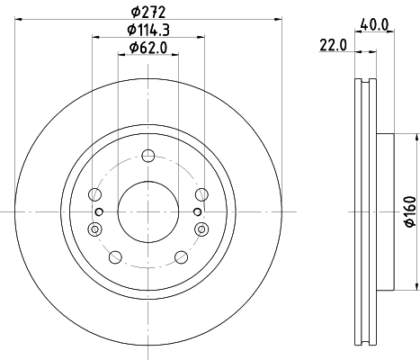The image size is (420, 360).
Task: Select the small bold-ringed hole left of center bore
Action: click(x=100, y=211)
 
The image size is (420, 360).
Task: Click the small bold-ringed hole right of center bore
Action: click(x=197, y=211)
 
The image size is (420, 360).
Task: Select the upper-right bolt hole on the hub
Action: click(x=200, y=193)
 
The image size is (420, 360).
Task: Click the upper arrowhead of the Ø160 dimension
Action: click(x=416, y=137)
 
